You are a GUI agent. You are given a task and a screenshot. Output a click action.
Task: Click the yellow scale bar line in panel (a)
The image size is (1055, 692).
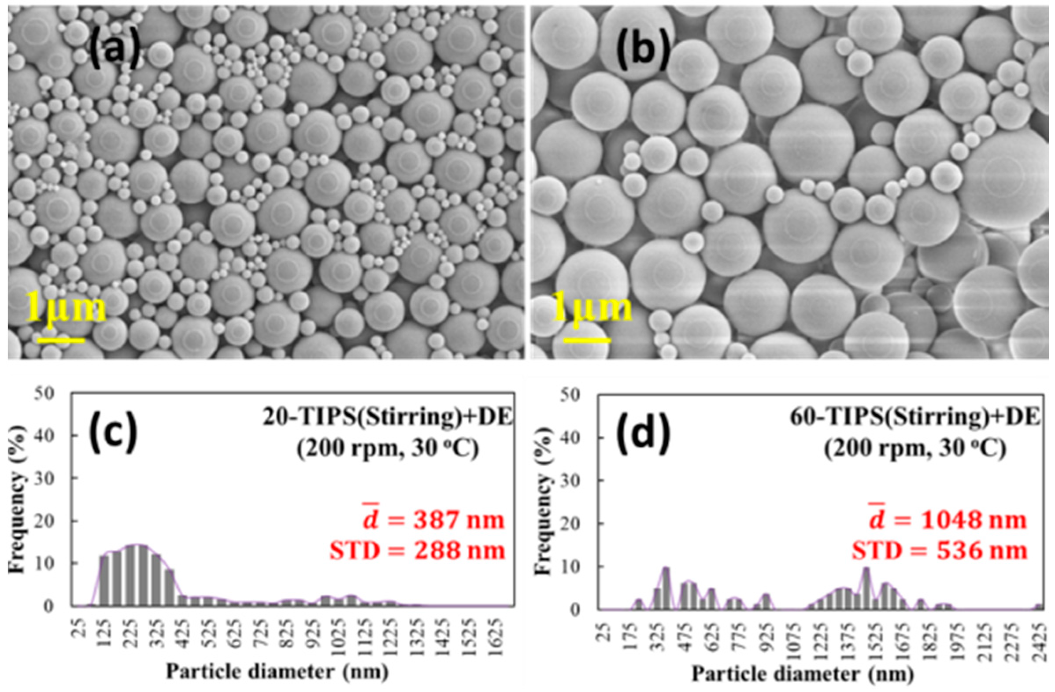click(61, 340)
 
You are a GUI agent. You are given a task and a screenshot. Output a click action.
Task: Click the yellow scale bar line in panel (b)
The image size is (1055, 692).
click(587, 340)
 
